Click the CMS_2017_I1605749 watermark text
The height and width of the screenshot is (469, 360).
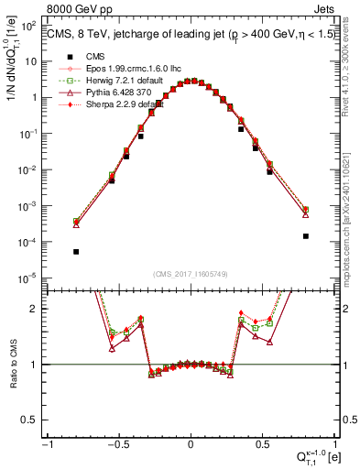190,275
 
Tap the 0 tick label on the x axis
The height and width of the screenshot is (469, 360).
190,446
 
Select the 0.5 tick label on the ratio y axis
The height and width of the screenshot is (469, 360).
33,420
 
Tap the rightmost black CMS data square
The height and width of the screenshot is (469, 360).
306,235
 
